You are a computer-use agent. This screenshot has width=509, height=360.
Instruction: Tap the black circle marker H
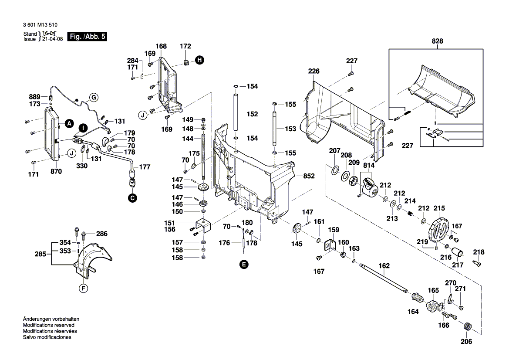[199, 61]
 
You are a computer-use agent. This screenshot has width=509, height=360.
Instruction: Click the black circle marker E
[244, 264]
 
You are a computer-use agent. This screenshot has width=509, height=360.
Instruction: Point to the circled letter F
[83, 288]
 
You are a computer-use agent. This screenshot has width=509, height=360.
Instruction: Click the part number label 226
[313, 71]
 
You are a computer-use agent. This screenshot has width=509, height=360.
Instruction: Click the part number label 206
[466, 342]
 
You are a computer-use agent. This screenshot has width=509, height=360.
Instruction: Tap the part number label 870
[56, 172]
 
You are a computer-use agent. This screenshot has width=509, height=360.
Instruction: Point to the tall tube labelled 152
[236, 111]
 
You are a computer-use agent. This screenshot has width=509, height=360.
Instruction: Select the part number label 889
[34, 97]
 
